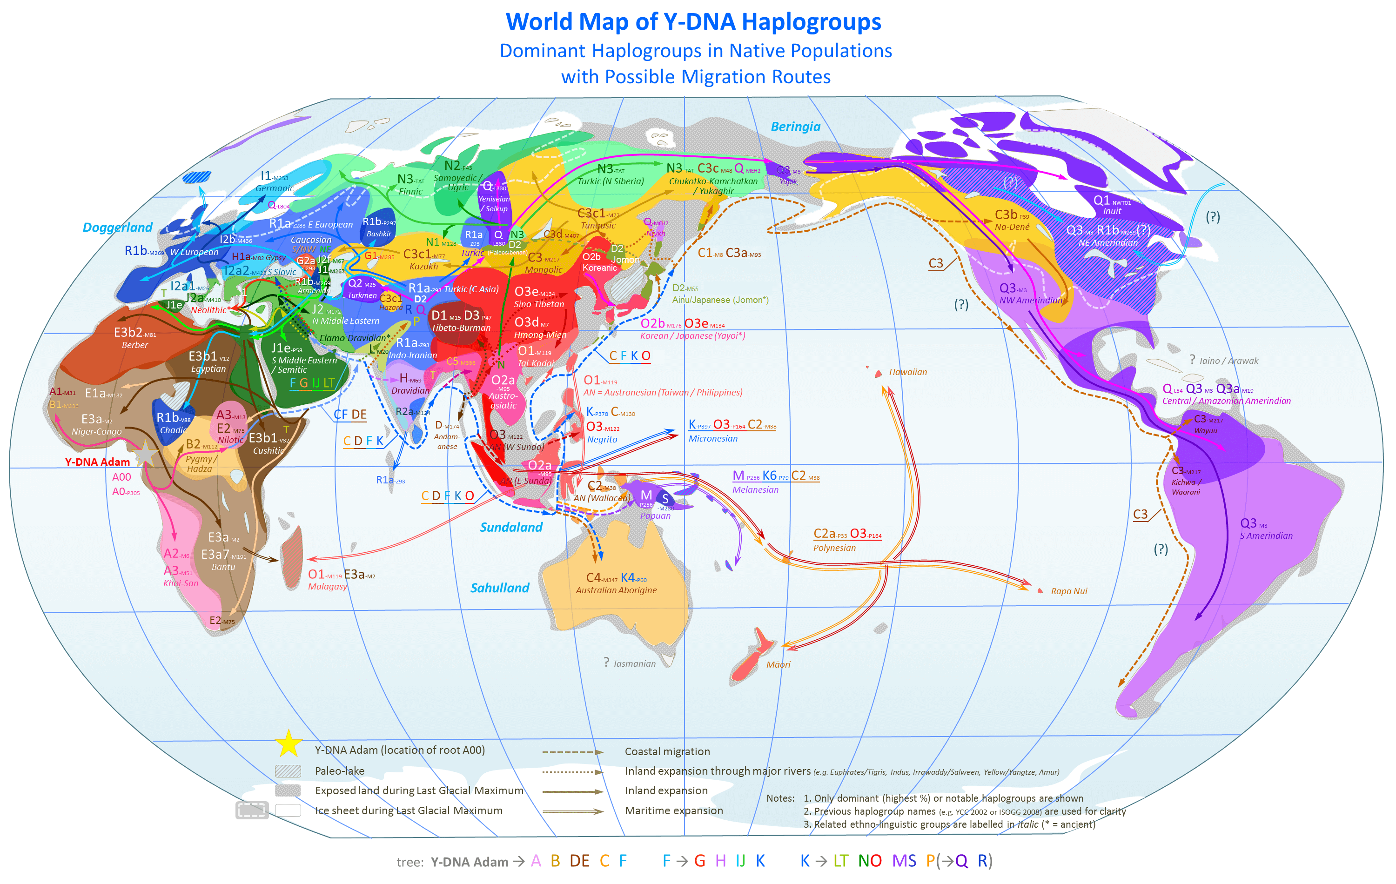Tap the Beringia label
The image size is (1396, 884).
coord(795,127)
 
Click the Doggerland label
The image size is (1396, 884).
coord(117,227)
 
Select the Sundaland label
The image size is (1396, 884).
coord(511,527)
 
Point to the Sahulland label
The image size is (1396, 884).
coord(500,588)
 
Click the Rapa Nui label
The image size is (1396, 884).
coord(1068,591)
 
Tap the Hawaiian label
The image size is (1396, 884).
coord(907,372)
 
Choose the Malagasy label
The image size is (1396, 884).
coord(328,587)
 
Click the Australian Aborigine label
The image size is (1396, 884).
coord(616,590)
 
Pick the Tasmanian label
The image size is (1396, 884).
coord(634,664)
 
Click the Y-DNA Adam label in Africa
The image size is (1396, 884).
coord(97,462)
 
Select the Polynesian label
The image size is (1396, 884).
coord(834,548)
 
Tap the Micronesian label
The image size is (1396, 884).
coord(712,439)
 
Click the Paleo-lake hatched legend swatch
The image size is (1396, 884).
coord(288,771)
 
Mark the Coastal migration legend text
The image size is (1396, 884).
coord(667,752)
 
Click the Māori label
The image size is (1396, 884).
coord(778,665)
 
